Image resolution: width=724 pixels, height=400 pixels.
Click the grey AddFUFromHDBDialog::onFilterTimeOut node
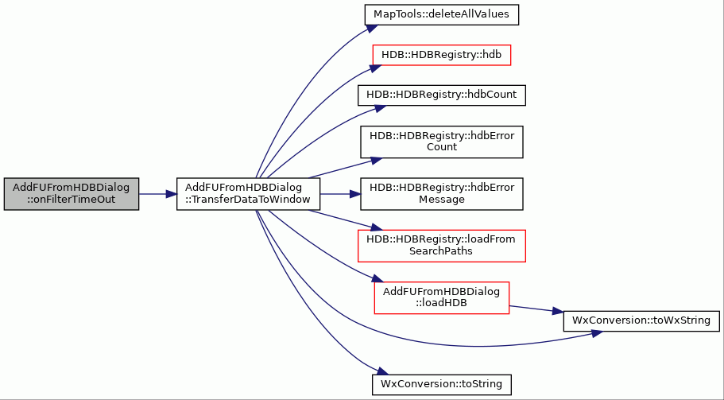click(x=71, y=194)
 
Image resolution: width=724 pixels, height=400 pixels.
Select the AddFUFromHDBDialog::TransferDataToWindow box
click(x=249, y=194)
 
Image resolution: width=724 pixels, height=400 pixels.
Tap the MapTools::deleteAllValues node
click(x=441, y=15)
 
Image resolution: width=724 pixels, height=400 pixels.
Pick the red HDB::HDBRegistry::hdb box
click(x=441, y=55)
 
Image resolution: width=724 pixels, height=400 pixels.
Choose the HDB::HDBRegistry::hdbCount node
click(x=441, y=95)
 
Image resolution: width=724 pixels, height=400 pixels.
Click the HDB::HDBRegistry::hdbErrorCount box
click(x=441, y=142)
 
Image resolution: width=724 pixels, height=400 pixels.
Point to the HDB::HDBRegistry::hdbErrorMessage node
click(x=441, y=194)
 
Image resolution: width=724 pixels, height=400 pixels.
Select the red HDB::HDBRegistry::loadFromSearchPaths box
click(x=441, y=246)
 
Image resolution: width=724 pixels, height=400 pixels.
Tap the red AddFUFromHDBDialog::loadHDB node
click(x=441, y=298)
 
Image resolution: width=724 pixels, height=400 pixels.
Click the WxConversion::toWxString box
click(x=641, y=320)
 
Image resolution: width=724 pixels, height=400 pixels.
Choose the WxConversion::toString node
click(x=441, y=385)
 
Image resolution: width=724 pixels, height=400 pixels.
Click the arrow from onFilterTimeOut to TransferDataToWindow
click(x=158, y=194)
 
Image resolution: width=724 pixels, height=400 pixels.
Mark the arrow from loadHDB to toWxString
click(x=536, y=309)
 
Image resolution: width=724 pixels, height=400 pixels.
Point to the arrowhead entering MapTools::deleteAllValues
click(x=372, y=28)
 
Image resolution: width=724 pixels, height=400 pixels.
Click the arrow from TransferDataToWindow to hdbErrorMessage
click(x=340, y=194)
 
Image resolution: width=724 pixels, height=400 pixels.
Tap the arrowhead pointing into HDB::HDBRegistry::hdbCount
click(x=380, y=108)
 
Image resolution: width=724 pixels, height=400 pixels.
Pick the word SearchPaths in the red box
click(x=441, y=252)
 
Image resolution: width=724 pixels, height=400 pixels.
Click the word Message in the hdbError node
click(x=441, y=200)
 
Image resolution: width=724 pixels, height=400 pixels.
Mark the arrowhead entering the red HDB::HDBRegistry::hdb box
click(x=375, y=68)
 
